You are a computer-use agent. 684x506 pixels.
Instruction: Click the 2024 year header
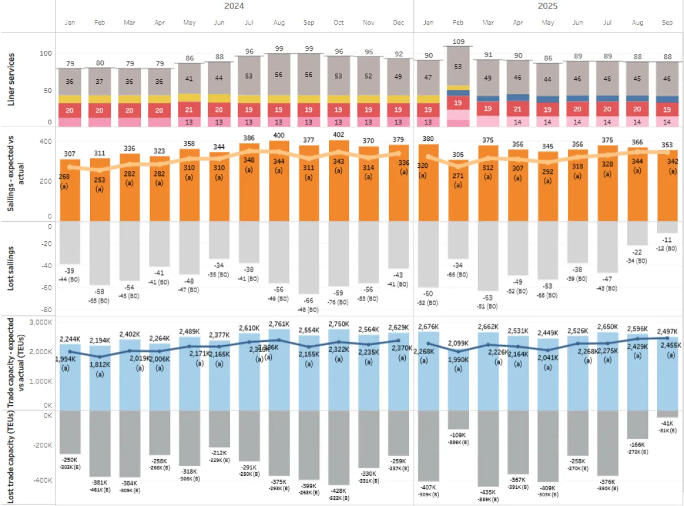pyautogui.click(x=234, y=6)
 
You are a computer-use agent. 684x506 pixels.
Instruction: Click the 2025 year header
pyautogui.click(x=547, y=6)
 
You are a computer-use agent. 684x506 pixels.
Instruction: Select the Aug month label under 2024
pyautogui.click(x=279, y=23)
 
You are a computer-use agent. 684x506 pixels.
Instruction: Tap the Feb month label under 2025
pyautogui.click(x=458, y=23)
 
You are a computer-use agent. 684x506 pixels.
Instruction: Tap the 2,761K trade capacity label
pyautogui.click(x=279, y=325)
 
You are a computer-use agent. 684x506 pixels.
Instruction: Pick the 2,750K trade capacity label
pyautogui.click(x=339, y=325)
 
